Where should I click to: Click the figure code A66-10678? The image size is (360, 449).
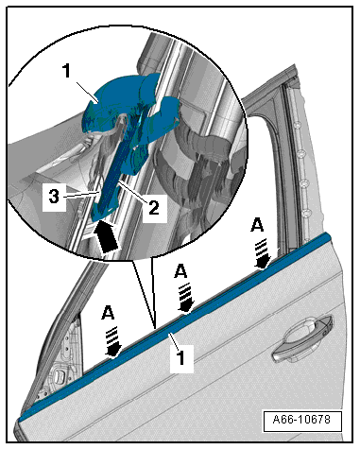(301, 420)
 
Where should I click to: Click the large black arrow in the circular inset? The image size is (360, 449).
(107, 236)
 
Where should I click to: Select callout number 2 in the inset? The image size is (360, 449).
(154, 208)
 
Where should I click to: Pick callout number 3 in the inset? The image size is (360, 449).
(54, 197)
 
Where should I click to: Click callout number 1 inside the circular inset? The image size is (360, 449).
(67, 71)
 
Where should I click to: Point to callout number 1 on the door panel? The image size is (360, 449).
(180, 357)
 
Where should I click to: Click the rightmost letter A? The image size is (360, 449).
(257, 225)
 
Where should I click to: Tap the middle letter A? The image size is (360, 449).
(180, 270)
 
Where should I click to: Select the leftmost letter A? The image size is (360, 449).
(108, 313)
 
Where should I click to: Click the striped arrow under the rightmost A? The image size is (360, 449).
(263, 253)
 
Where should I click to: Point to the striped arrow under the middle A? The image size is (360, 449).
(186, 298)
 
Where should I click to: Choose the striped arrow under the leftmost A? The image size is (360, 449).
(113, 342)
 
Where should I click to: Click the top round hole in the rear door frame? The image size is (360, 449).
(297, 126)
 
